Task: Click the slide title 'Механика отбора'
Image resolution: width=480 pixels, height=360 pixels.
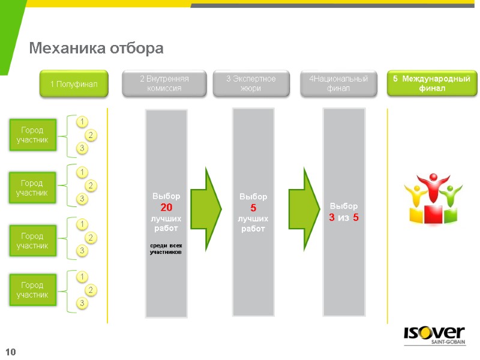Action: tap(97, 48)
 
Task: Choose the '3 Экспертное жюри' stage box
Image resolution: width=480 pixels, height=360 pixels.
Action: tap(251, 83)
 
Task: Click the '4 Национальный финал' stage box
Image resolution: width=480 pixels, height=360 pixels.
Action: tap(338, 83)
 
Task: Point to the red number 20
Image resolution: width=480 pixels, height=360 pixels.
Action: tap(166, 207)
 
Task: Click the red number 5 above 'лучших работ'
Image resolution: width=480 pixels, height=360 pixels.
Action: tap(253, 207)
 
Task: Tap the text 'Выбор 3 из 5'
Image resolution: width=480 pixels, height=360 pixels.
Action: tap(343, 211)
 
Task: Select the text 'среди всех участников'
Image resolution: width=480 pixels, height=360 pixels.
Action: tap(166, 249)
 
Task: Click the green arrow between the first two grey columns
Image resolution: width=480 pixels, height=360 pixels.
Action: tap(210, 209)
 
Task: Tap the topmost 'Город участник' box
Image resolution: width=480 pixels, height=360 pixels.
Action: tap(32, 135)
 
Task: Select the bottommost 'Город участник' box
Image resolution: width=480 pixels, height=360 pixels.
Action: tap(32, 289)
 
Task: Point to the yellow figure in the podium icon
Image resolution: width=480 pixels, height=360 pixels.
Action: tap(413, 195)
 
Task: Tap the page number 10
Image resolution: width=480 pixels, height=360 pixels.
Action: tap(10, 351)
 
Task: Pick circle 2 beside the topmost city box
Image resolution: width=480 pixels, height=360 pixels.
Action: tap(91, 134)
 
